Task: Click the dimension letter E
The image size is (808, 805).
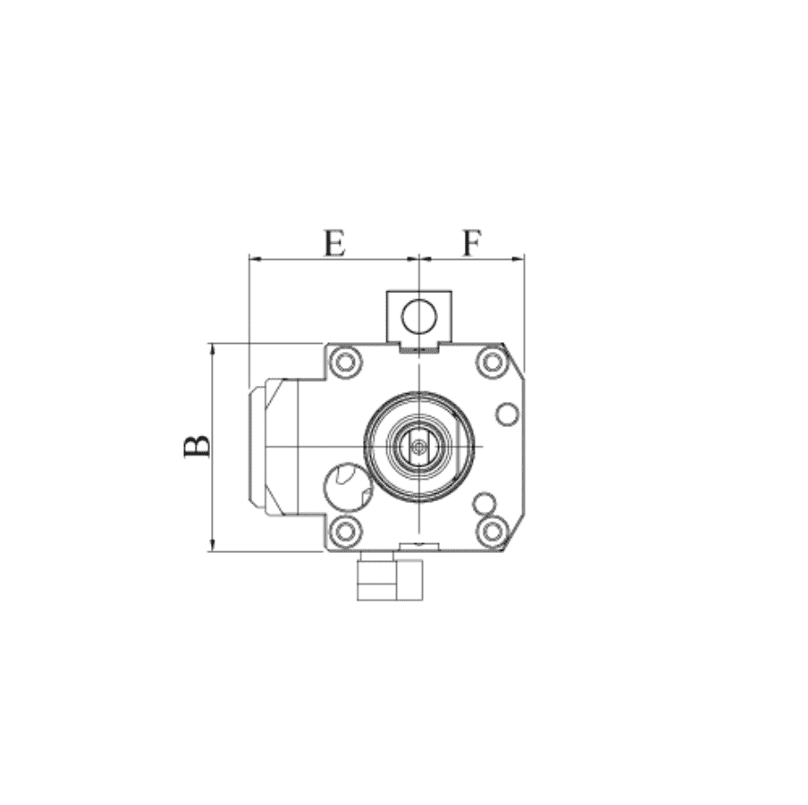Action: [x=334, y=243]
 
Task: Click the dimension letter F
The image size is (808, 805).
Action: [x=472, y=243]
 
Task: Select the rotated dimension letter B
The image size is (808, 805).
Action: [x=197, y=446]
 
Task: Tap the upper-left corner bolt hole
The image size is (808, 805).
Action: [x=345, y=362]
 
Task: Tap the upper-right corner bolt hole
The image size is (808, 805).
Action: [x=492, y=362]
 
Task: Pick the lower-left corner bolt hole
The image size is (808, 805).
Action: [x=345, y=531]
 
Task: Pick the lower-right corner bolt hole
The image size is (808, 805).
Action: [x=492, y=531]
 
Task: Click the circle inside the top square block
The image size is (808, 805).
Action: [x=419, y=315]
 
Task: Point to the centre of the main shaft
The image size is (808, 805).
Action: [x=419, y=447]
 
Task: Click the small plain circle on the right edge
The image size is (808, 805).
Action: [x=507, y=414]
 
